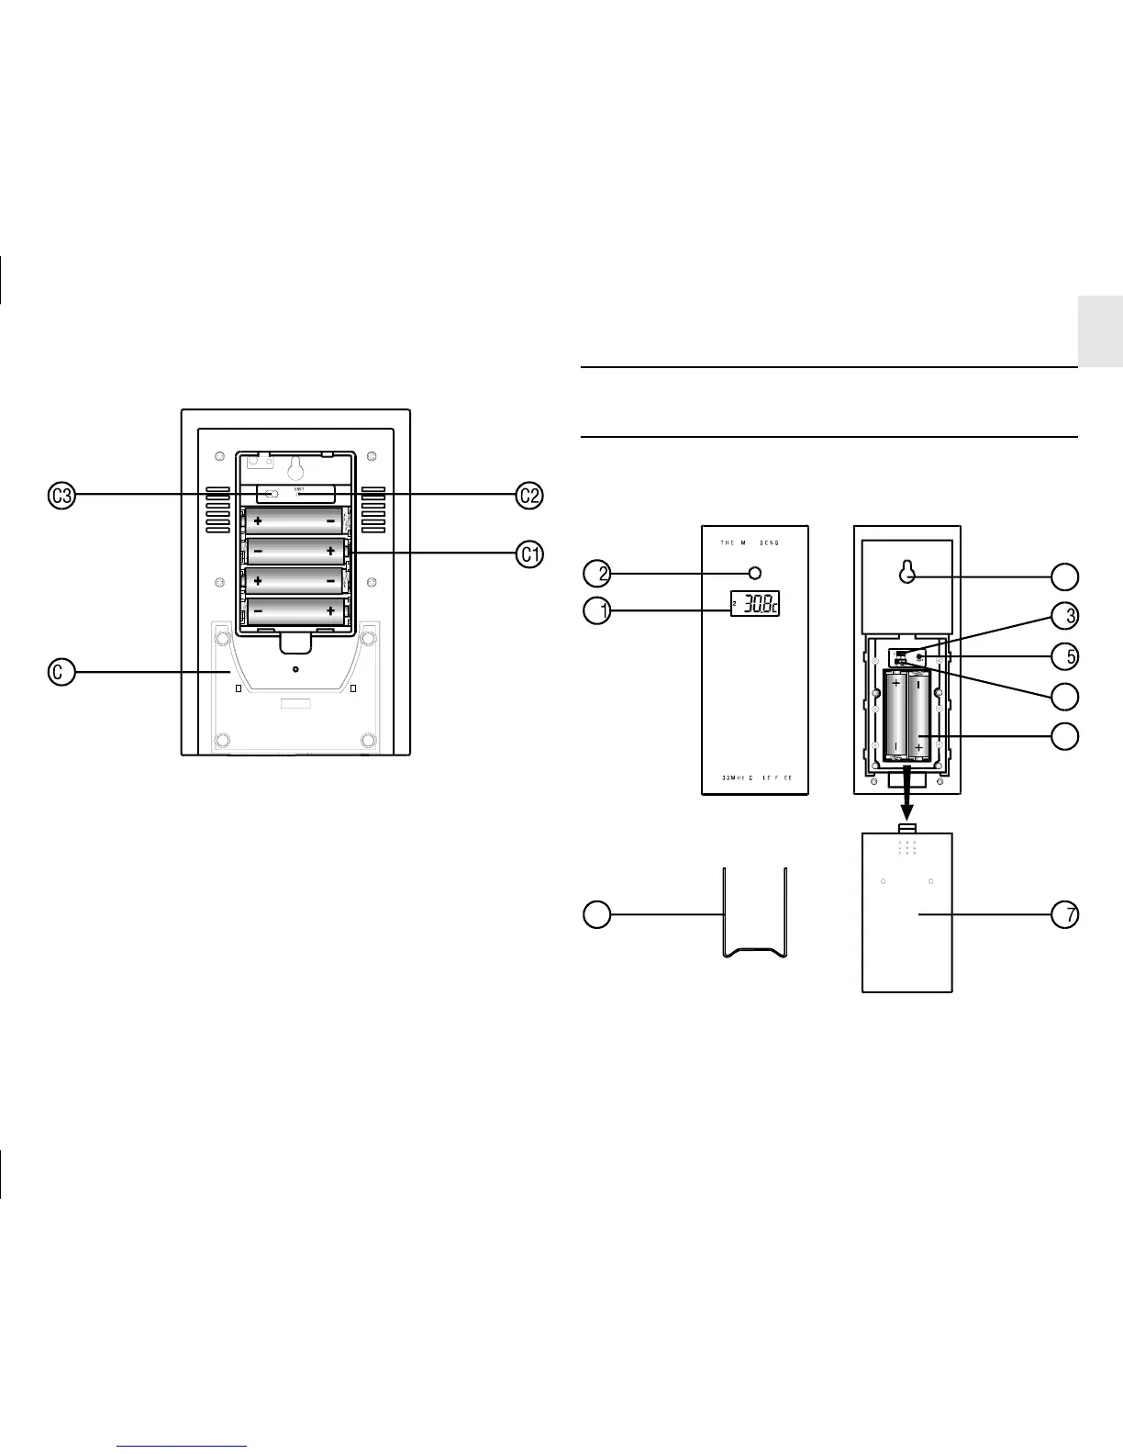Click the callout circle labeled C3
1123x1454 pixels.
[x=62, y=496]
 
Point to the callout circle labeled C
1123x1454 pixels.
[x=61, y=672]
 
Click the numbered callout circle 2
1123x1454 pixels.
[x=597, y=574]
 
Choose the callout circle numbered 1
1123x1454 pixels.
[x=597, y=610]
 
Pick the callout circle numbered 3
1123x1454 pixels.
[x=1065, y=616]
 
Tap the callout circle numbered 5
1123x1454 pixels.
[x=1065, y=656]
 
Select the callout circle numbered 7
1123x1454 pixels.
[x=1065, y=915]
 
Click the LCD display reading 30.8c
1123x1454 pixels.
[x=755, y=603]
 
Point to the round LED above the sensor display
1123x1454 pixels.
[x=755, y=574]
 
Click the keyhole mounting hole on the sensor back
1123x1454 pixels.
[x=907, y=573]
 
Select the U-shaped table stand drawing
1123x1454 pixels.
[x=754, y=914]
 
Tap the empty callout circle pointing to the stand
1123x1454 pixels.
[x=597, y=914]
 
